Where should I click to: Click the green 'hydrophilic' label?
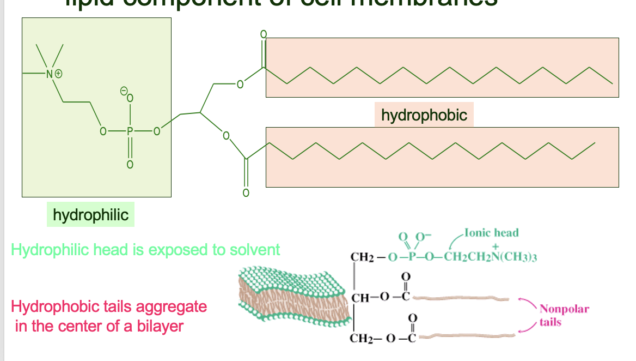[90, 214]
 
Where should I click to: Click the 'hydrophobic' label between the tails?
[424, 115]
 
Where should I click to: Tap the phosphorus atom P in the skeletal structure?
[130, 131]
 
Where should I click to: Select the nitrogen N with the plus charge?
[51, 73]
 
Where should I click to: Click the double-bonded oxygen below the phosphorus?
[130, 164]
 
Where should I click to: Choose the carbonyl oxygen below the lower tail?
[246, 192]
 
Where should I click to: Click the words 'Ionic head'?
[492, 233]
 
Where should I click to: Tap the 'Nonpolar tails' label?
[556, 315]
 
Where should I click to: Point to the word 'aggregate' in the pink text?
[171, 306]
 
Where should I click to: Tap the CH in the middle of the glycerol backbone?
[362, 298]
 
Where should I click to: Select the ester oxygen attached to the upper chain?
[238, 85]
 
